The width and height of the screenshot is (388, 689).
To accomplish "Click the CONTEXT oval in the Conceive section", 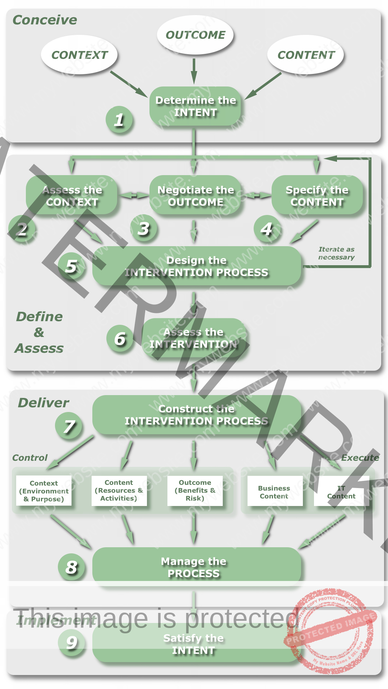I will [x=79, y=55].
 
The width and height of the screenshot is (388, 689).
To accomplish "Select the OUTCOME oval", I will [x=195, y=35].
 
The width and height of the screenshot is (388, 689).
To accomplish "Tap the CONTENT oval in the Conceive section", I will [x=306, y=55].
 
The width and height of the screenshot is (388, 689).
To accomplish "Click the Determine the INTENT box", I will [x=195, y=106].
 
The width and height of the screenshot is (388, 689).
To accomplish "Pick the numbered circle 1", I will [x=119, y=120].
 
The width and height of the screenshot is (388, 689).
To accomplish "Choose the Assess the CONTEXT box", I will [x=72, y=196].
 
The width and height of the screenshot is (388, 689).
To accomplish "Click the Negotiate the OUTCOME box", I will [x=195, y=196].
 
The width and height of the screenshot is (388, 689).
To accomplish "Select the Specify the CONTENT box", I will [x=317, y=196].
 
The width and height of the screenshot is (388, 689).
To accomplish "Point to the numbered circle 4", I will [x=267, y=229].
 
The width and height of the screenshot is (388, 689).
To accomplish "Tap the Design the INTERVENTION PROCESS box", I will [x=197, y=266].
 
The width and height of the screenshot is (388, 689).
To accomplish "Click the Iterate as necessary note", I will [x=336, y=253].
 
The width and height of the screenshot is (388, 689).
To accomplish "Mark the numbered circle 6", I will [x=120, y=339].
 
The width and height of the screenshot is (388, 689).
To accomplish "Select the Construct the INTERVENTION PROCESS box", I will [x=197, y=415].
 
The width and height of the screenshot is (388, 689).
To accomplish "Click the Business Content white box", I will [x=274, y=492].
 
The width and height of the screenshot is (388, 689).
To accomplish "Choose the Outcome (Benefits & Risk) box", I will [x=195, y=491].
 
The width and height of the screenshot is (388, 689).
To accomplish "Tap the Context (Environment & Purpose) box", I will [x=44, y=491].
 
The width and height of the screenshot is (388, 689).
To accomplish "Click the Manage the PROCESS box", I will [x=197, y=567].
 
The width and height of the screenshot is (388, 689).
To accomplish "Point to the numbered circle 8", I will [x=71, y=567].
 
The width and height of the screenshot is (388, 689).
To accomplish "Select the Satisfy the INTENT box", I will [x=194, y=644].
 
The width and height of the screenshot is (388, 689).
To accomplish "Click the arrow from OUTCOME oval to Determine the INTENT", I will [x=194, y=70].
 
